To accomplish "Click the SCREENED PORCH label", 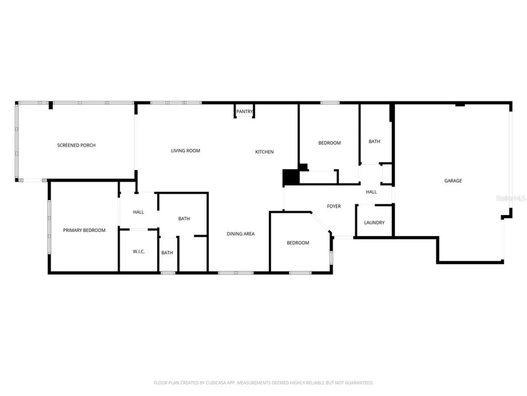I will [x=76, y=145].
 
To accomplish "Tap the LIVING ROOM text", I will [x=185, y=151].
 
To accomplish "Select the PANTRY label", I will [x=244, y=111].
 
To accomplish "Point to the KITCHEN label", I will [x=264, y=152].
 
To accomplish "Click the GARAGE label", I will [x=453, y=181].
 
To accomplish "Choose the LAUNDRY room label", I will [x=374, y=223].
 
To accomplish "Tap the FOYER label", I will [x=334, y=206].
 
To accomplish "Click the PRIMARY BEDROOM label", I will [x=84, y=230].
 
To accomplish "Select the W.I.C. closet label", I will [x=139, y=252].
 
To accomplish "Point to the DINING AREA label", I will [x=241, y=234].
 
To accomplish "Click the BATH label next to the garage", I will [x=374, y=142].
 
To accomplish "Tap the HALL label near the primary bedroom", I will [x=138, y=212].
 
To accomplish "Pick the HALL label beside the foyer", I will [x=371, y=192].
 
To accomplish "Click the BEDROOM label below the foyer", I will [x=298, y=243].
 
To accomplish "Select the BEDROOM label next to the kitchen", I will [x=329, y=143].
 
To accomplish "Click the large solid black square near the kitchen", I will [x=291, y=177].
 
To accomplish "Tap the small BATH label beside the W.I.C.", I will [x=167, y=253].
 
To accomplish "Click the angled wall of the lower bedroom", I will [x=320, y=222].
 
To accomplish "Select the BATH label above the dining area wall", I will [x=184, y=219].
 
